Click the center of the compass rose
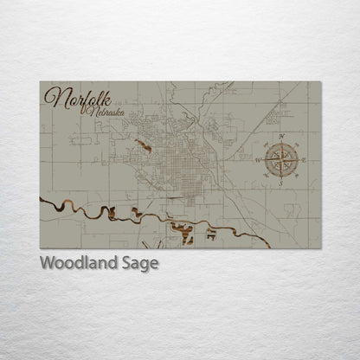(281, 158)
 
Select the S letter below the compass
(280, 184)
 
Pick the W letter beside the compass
(257, 160)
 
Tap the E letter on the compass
(305, 158)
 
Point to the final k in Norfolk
(97, 97)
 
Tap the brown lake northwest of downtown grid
(144, 145)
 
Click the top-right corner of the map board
(320, 82)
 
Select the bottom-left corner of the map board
(41, 247)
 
